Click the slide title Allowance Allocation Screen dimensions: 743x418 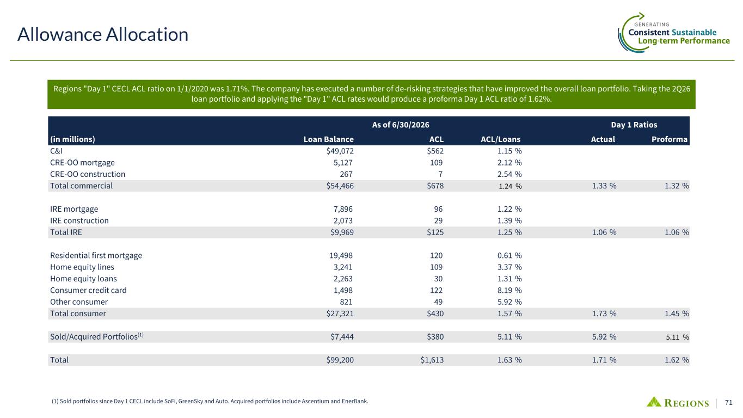tap(103, 34)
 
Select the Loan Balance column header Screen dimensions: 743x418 tap(328, 139)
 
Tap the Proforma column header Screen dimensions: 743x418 tap(670, 139)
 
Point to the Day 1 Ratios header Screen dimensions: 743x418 tap(634, 125)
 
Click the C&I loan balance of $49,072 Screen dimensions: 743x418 tap(340, 151)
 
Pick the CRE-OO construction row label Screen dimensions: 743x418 tap(88, 174)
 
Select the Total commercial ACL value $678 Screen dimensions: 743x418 tap(435, 186)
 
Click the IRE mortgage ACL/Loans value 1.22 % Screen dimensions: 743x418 tap(509, 209)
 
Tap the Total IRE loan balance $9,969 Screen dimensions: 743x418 tap(342, 232)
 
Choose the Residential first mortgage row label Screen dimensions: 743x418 tap(96, 255)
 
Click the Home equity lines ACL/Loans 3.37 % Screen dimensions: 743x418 tap(509, 267)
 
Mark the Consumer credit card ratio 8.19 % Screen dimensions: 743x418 tap(509, 290)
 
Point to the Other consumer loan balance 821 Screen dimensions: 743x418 tap(346, 302)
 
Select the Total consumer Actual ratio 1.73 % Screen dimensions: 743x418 tap(604, 313)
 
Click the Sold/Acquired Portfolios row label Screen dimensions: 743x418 tap(97, 336)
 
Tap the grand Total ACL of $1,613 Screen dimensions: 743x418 tap(432, 360)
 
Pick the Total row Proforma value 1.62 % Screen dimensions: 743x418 tap(677, 360)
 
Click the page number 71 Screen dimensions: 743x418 tap(729, 402)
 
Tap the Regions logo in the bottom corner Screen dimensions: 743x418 tap(678, 402)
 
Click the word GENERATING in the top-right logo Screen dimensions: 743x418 tap(652, 24)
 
